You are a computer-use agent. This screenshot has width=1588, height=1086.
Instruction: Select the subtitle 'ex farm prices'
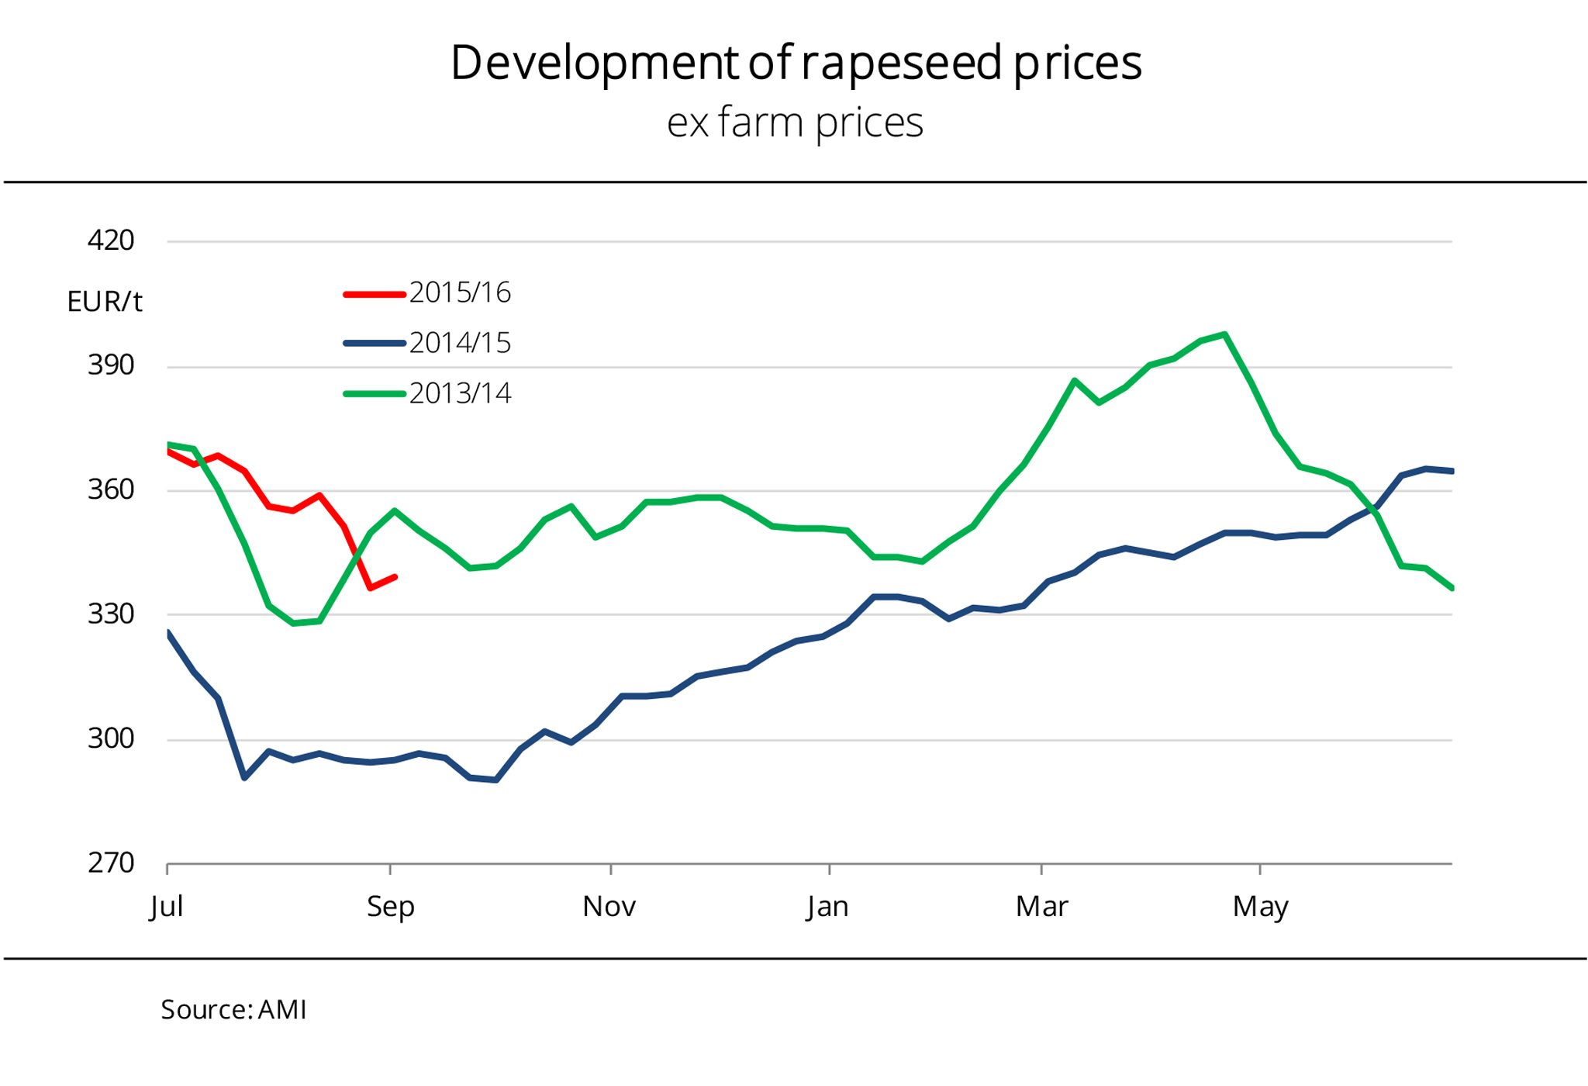tap(795, 123)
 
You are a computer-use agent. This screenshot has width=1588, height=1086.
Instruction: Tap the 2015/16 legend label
tap(460, 292)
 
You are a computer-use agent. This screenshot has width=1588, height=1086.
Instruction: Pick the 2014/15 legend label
tap(460, 343)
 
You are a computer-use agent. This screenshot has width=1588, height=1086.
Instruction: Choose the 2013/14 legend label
tap(460, 393)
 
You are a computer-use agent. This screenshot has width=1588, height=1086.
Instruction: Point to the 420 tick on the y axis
tap(111, 240)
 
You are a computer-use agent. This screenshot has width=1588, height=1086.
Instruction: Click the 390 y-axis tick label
tap(111, 365)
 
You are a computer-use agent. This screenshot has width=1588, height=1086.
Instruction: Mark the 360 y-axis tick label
tap(111, 489)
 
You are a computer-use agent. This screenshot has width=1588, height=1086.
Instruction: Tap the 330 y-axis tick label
tap(111, 614)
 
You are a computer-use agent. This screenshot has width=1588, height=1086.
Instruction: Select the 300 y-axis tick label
tap(111, 738)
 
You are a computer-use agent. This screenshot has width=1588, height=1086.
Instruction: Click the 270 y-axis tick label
tap(111, 863)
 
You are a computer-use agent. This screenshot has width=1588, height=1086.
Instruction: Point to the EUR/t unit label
tap(105, 302)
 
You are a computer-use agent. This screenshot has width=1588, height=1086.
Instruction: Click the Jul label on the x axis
tap(167, 906)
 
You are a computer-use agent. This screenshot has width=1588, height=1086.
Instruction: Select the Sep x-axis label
tap(390, 906)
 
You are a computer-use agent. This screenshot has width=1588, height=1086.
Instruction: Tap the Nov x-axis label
tap(609, 906)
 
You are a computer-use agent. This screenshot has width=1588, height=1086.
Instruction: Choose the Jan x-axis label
tap(827, 906)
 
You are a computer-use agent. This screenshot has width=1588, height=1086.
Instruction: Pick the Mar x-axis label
tap(1041, 906)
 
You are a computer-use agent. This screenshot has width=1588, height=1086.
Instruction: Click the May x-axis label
tap(1260, 906)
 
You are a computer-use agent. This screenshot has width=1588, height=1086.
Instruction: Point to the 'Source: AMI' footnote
tap(233, 1010)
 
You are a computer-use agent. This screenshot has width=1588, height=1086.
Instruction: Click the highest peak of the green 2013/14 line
tap(1224, 334)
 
